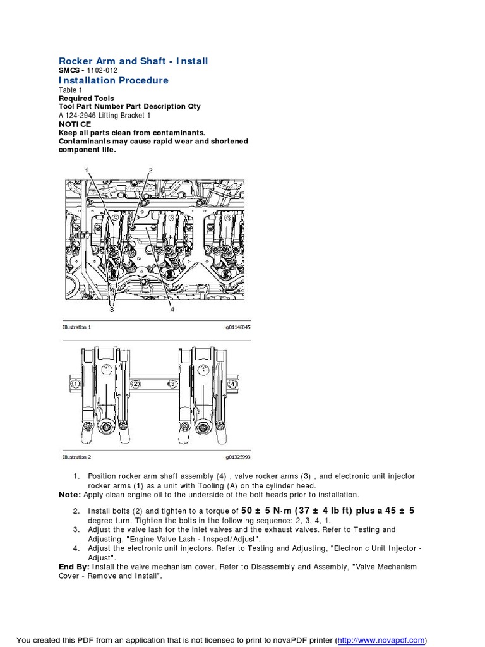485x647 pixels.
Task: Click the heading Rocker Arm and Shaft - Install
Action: point(133,61)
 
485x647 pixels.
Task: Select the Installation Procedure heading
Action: point(114,81)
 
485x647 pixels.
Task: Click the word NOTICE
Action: point(75,124)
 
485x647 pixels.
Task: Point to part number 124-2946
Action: point(80,116)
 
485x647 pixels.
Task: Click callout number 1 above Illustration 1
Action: point(87,170)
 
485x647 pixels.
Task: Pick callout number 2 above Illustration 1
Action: point(150,170)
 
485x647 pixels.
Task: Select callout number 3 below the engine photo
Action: point(111,310)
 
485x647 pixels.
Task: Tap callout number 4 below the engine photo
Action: point(171,310)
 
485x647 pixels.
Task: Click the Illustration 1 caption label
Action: point(76,327)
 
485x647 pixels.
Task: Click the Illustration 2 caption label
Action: point(76,456)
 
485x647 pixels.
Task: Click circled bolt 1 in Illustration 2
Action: point(75,384)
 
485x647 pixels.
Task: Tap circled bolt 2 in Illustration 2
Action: point(135,384)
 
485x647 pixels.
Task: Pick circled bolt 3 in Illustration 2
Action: point(171,384)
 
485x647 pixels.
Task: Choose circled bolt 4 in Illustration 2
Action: point(232,384)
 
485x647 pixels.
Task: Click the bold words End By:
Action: point(74,567)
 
